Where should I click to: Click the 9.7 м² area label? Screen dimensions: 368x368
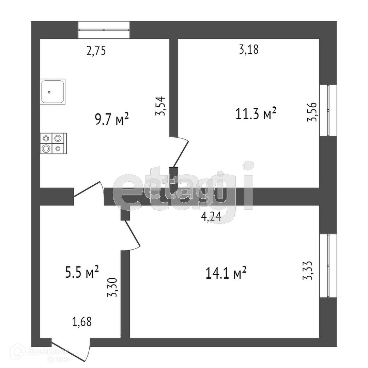pos(112,119)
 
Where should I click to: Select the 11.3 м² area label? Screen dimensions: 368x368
pos(256,113)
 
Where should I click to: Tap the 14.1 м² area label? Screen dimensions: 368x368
pos(226,273)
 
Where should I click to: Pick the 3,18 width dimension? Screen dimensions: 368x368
pos(249,50)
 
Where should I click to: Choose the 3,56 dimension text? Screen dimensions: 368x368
pos(312,112)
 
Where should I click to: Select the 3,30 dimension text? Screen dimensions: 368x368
pos(112,287)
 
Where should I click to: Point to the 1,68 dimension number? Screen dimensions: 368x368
pos(82,321)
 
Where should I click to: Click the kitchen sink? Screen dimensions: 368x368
pos(53,92)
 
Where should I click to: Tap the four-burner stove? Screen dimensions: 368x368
pos(53,143)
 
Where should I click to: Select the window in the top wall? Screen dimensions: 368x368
pos(104,30)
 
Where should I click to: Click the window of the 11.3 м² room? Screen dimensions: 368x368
pos(328,110)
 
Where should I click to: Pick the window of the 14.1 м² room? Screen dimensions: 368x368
pos(328,265)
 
